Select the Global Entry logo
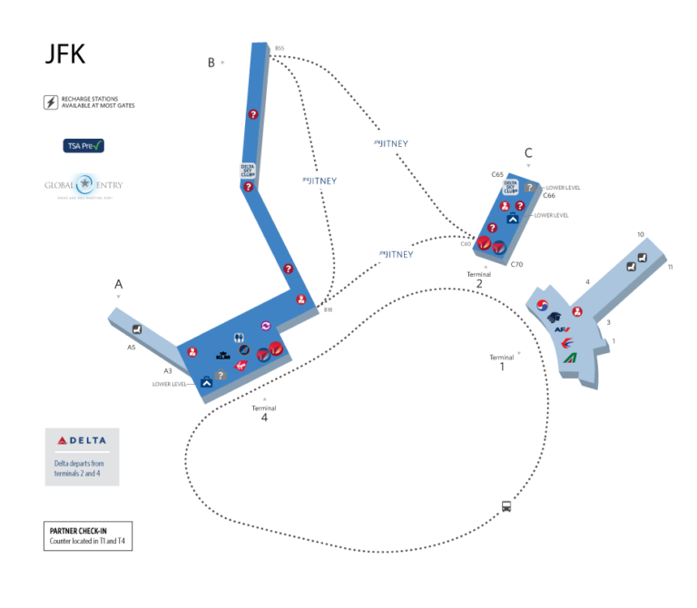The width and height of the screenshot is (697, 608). point(83,185)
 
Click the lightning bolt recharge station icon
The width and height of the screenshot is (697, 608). point(51,102)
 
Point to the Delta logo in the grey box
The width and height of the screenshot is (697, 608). point(82,441)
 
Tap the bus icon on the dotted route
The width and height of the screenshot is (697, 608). point(506,506)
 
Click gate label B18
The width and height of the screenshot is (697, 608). point(328,309)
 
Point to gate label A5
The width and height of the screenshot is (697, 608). point(132,348)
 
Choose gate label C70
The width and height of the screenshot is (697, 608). point(516,264)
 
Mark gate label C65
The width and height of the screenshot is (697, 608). point(497,174)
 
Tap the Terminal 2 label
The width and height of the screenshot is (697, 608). point(479,279)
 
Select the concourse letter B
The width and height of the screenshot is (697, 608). point(211,63)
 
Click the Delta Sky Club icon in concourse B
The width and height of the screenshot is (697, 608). point(247,168)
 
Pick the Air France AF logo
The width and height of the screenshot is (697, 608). point(562,329)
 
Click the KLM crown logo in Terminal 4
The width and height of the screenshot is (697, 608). point(222,355)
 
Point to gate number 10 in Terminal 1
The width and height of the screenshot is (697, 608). point(640,235)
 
